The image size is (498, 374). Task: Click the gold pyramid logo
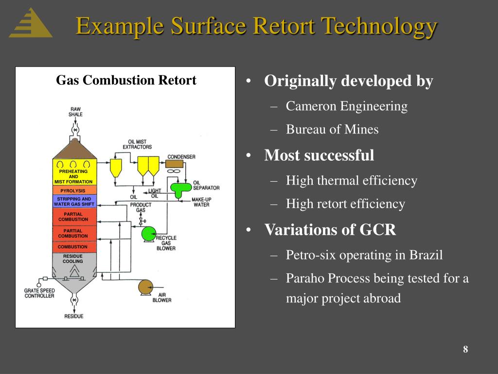point(31,24)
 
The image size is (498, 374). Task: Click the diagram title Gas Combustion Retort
point(126,80)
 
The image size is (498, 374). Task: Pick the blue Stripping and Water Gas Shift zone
point(74,202)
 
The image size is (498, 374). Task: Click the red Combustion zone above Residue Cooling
point(73,247)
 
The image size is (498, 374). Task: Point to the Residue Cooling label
point(73,259)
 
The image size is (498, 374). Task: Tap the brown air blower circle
point(145,287)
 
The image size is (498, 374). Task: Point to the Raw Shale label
point(76,112)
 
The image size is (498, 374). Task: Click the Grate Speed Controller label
point(40,293)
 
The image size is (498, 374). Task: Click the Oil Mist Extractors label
point(137,144)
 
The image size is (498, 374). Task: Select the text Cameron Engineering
point(346,106)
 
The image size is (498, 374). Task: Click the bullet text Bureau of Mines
point(332,130)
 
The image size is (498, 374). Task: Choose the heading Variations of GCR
point(330,229)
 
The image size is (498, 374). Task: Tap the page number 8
point(465,350)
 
